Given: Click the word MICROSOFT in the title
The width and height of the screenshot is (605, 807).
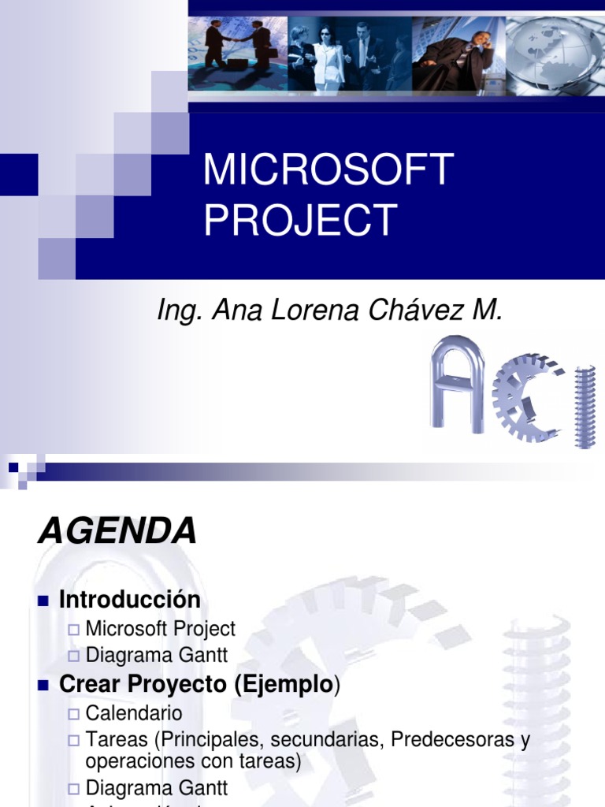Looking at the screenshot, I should tap(328, 169).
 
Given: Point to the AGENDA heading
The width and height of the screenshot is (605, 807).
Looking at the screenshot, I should tap(117, 532).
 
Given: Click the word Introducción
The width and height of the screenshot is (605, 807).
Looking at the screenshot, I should tap(130, 600).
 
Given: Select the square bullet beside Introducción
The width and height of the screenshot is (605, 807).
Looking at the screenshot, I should tap(44, 601).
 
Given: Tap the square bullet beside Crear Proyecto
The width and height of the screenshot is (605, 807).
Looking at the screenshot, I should tap(44, 686).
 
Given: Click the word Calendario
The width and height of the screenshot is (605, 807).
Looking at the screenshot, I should tap(134, 713).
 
